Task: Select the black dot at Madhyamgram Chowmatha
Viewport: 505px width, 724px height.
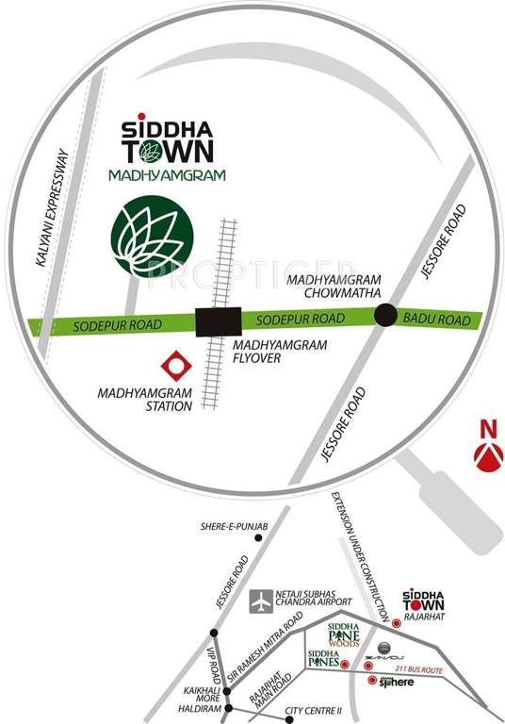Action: [x=385, y=316]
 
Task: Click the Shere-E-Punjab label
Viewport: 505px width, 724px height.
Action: [x=228, y=525]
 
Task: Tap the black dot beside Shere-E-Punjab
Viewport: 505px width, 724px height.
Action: [x=271, y=536]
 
